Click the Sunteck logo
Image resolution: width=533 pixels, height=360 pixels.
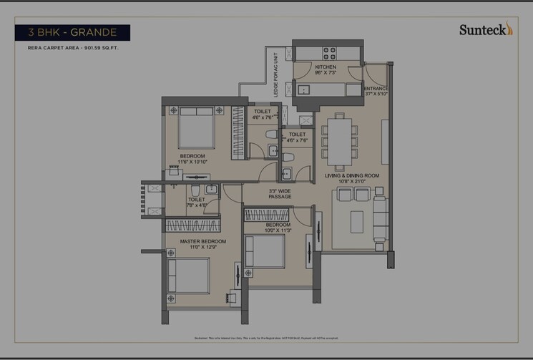(486, 29)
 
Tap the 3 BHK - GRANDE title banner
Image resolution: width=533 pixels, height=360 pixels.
(72, 32)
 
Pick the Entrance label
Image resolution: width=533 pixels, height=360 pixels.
(376, 90)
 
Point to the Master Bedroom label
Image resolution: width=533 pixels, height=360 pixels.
(202, 244)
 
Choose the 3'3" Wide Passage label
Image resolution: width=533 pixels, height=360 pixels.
(279, 194)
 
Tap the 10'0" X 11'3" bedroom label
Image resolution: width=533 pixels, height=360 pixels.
(279, 228)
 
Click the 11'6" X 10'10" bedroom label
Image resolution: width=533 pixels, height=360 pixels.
(192, 159)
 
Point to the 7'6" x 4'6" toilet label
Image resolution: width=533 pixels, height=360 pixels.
(195, 203)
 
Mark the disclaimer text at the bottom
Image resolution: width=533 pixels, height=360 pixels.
(266, 338)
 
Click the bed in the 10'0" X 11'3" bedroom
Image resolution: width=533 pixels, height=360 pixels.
(267, 253)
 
